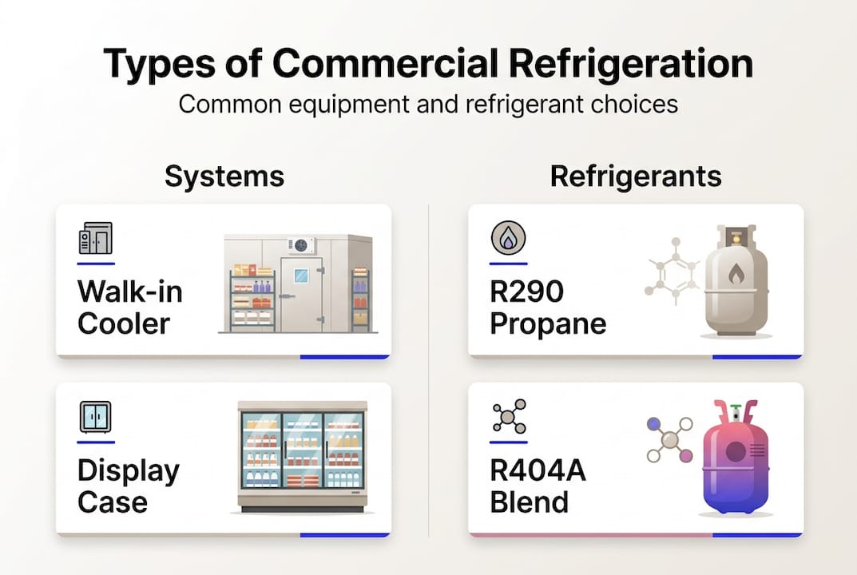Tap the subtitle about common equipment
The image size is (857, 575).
pyautogui.click(x=428, y=105)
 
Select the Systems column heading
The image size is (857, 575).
pyautogui.click(x=224, y=176)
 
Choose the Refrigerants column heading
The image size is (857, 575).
pyautogui.click(x=636, y=176)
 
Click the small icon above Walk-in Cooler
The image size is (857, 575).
pyautogui.click(x=95, y=239)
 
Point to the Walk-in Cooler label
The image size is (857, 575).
pyautogui.click(x=130, y=307)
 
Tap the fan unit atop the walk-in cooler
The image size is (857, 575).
pyautogui.click(x=300, y=245)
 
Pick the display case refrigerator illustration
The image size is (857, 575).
pyautogui.click(x=303, y=455)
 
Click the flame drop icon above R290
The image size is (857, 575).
pyautogui.click(x=508, y=239)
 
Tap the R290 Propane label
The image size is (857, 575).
pyautogui.click(x=547, y=307)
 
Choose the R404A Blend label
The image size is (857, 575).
pyautogui.click(x=538, y=486)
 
